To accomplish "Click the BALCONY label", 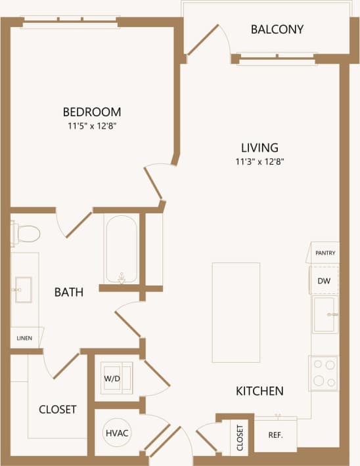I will coord(277,30).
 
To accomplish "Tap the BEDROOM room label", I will coord(92,112).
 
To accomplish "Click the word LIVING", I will coord(259,148).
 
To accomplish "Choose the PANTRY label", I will coord(325,253).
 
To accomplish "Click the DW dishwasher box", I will coord(324,280).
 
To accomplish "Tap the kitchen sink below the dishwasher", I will coord(325,314).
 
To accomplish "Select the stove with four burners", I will coord(323,373).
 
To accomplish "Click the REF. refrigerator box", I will coord(276,434).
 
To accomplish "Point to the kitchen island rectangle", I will coord(236,312).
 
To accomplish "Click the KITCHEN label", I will coord(259,391).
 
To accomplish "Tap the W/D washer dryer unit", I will coord(115,379).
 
